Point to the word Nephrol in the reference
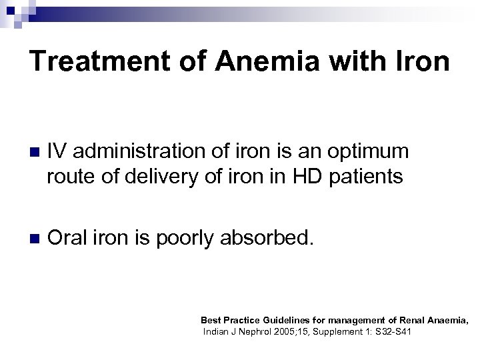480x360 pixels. (259, 331)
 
